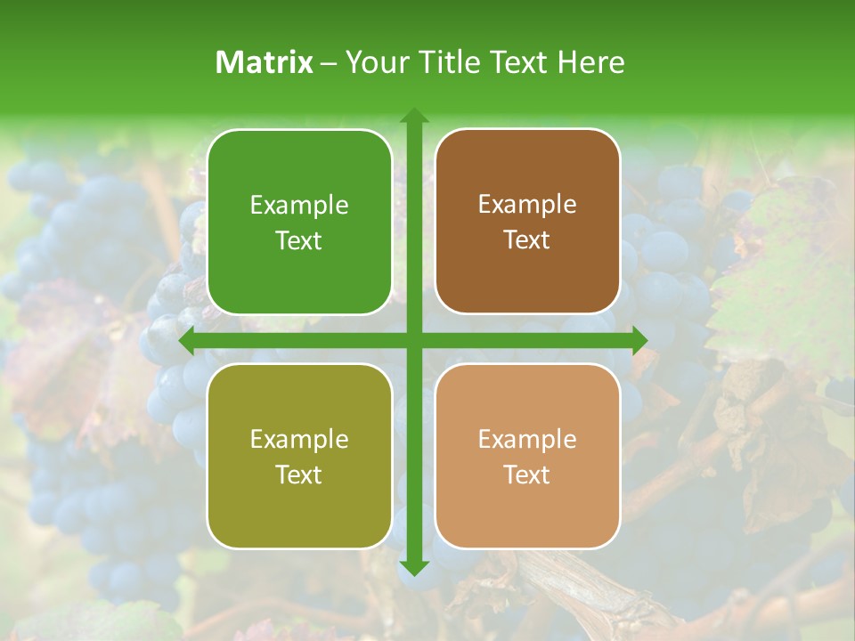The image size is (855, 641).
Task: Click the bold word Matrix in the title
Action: pyautogui.click(x=265, y=62)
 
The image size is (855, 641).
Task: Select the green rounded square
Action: pyautogui.click(x=299, y=223)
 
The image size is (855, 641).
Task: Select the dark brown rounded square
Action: pyautogui.click(x=527, y=222)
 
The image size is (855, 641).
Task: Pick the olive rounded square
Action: pyautogui.click(x=299, y=456)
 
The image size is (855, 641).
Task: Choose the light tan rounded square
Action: pyautogui.click(x=527, y=456)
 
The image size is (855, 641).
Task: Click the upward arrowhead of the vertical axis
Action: pyautogui.click(x=413, y=117)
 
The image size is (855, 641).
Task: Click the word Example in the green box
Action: pyautogui.click(x=299, y=206)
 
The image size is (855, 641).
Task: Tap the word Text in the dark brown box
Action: pyautogui.click(x=527, y=240)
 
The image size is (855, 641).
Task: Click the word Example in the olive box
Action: pyautogui.click(x=299, y=440)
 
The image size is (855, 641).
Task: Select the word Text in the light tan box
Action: pyautogui.click(x=527, y=475)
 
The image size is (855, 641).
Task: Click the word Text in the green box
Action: pyautogui.click(x=299, y=241)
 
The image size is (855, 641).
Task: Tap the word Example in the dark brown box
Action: pyautogui.click(x=527, y=205)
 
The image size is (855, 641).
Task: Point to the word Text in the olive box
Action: pyautogui.click(x=299, y=475)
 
